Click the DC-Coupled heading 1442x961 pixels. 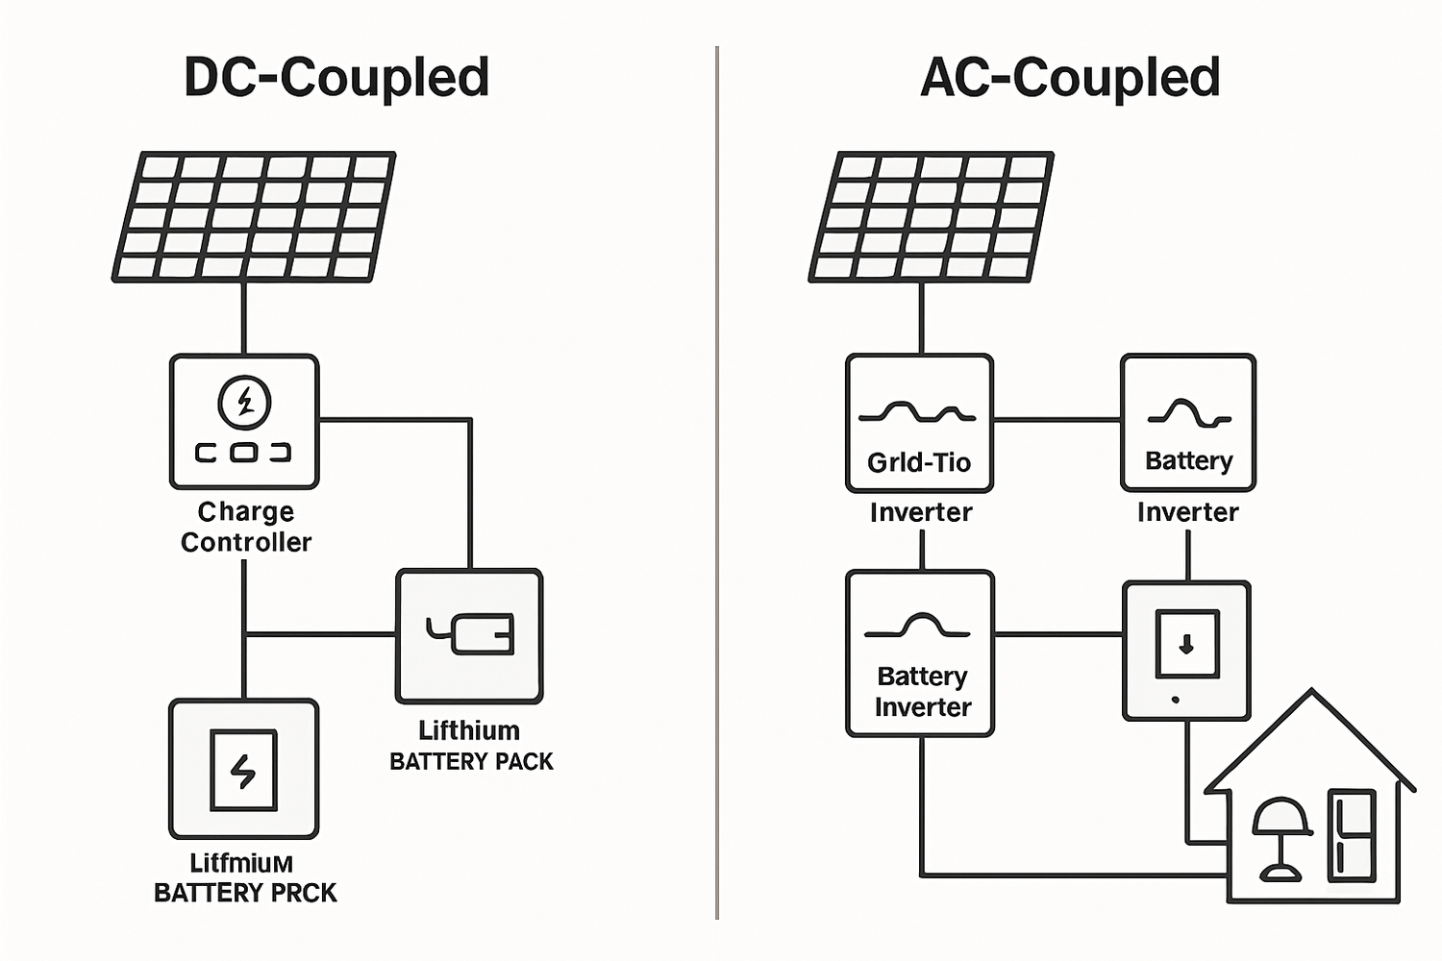(336, 78)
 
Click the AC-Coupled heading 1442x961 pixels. (1070, 78)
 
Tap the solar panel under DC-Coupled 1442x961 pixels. (254, 216)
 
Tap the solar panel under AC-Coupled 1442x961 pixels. (931, 216)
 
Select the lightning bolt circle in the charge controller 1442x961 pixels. (244, 402)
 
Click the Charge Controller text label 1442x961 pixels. (246, 527)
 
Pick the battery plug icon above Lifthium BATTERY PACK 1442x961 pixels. (470, 634)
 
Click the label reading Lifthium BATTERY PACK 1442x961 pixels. (471, 746)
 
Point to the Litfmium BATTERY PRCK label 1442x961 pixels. (244, 878)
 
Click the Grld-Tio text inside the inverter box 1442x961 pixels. (919, 463)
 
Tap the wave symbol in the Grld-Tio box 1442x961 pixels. (918, 413)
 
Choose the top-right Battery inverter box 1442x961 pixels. (1188, 423)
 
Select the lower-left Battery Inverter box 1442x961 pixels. (920, 653)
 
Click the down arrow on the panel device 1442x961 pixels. (1186, 645)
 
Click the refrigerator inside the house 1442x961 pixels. (1351, 836)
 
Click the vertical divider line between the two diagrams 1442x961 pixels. (717, 480)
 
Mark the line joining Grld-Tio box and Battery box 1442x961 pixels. (1057, 420)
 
